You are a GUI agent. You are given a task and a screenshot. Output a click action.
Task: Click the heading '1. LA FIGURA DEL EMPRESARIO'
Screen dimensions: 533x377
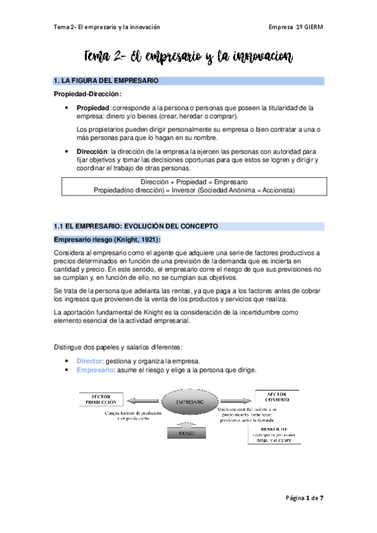(x=106, y=81)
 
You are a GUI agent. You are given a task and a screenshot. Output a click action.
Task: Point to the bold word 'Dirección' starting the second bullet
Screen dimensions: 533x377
(x=92, y=151)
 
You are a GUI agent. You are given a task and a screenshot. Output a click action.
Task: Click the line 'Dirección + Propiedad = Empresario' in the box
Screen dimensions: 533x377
(x=194, y=182)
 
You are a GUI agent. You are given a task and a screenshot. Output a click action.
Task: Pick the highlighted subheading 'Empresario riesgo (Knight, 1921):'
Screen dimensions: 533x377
(x=107, y=239)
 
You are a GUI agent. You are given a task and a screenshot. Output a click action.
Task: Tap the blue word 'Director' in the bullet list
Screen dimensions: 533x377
(x=89, y=361)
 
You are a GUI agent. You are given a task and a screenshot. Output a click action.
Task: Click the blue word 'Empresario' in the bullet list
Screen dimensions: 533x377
(x=94, y=370)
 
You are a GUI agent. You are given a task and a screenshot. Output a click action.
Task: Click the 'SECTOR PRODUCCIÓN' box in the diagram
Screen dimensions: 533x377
(x=101, y=400)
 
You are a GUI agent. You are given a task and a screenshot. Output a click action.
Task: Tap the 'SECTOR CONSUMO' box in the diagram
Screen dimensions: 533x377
(x=276, y=397)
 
